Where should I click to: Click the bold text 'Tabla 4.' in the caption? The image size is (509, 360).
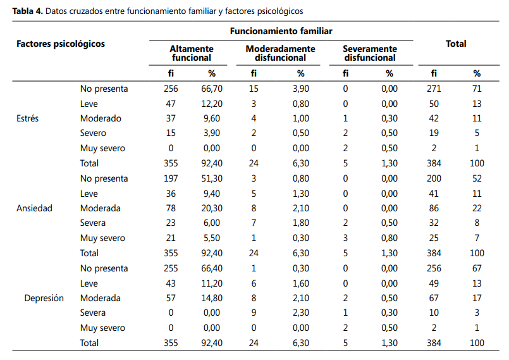tap(28, 11)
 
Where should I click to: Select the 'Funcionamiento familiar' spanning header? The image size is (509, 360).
tap(281, 31)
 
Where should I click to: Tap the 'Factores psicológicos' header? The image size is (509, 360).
tap(61, 44)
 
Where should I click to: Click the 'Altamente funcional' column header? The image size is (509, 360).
tap(192, 53)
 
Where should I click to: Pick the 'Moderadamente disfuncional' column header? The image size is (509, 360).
tap(281, 53)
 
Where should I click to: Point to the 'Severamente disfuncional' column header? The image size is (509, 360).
tap(370, 53)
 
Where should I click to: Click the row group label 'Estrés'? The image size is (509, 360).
tap(28, 118)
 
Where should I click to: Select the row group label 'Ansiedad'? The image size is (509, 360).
tap(34, 208)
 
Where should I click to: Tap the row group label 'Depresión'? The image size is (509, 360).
tap(44, 298)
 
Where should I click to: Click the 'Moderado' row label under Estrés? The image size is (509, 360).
tap(101, 118)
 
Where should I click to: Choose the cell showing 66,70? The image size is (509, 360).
tap(212, 89)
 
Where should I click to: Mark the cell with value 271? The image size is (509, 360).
tap(434, 89)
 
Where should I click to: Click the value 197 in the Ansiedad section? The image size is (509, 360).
tap(171, 178)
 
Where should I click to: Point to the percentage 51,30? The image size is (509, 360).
tap(212, 178)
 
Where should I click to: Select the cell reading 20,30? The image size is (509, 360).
tap(212, 208)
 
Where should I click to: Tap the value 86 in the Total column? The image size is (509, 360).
tap(434, 208)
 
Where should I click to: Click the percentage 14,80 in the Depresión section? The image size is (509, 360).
tap(212, 298)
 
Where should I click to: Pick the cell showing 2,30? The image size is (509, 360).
tap(301, 313)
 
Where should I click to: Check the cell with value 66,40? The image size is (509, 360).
tap(212, 268)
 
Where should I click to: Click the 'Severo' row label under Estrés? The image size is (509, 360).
tap(93, 133)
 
